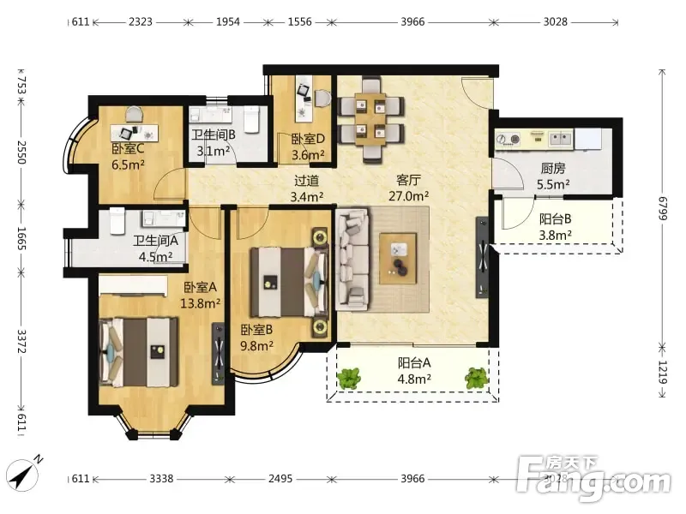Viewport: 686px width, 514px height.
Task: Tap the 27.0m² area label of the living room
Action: pos(409,196)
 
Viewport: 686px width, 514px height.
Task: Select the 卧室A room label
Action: pos(200,287)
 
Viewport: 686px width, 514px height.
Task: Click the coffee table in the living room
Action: pos(398,259)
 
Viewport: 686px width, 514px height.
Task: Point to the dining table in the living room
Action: pos(370,119)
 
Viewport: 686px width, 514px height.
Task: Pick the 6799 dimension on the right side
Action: pos(663,209)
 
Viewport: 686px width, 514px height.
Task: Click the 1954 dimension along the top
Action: pos(228,21)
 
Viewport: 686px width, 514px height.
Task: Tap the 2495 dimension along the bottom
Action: pos(280,479)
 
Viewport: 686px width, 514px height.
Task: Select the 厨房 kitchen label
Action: pos(553,168)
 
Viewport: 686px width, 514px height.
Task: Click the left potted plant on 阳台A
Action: pos(349,379)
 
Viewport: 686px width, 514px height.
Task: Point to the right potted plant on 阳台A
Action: pos(477,378)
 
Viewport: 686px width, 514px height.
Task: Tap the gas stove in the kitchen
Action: pos(508,140)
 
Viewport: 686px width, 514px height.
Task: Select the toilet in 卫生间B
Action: pos(251,119)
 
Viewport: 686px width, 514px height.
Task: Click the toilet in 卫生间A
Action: pos(117,220)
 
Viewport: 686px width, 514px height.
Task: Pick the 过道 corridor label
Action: pos(306,180)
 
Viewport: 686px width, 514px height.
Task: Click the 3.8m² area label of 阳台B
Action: pos(555,235)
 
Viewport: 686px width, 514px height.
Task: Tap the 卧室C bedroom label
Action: pos(128,148)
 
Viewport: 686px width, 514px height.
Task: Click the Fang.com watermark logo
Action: pos(593,479)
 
